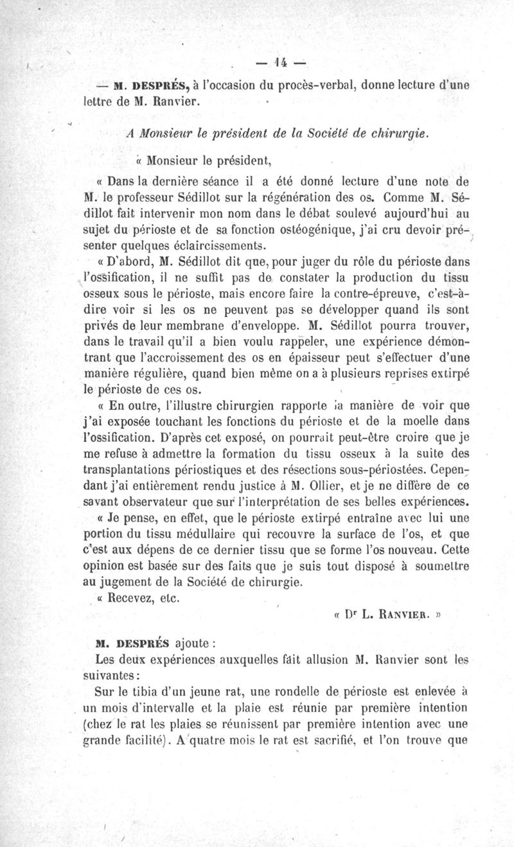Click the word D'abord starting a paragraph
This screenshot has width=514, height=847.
(122, 263)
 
